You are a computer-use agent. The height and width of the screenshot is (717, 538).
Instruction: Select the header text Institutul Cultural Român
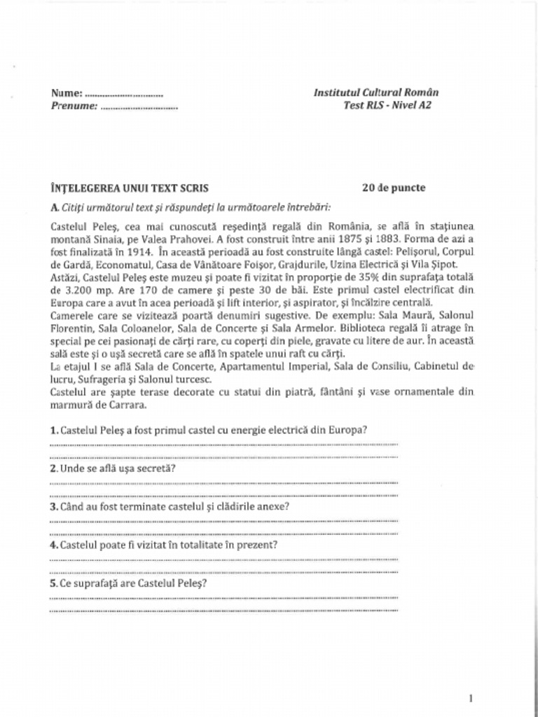(376, 92)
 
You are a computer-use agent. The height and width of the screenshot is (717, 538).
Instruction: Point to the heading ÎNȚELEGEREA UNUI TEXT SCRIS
(130, 188)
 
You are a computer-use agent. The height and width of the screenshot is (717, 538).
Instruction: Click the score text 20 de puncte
(394, 188)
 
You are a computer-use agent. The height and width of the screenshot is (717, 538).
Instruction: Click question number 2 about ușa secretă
(54, 468)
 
